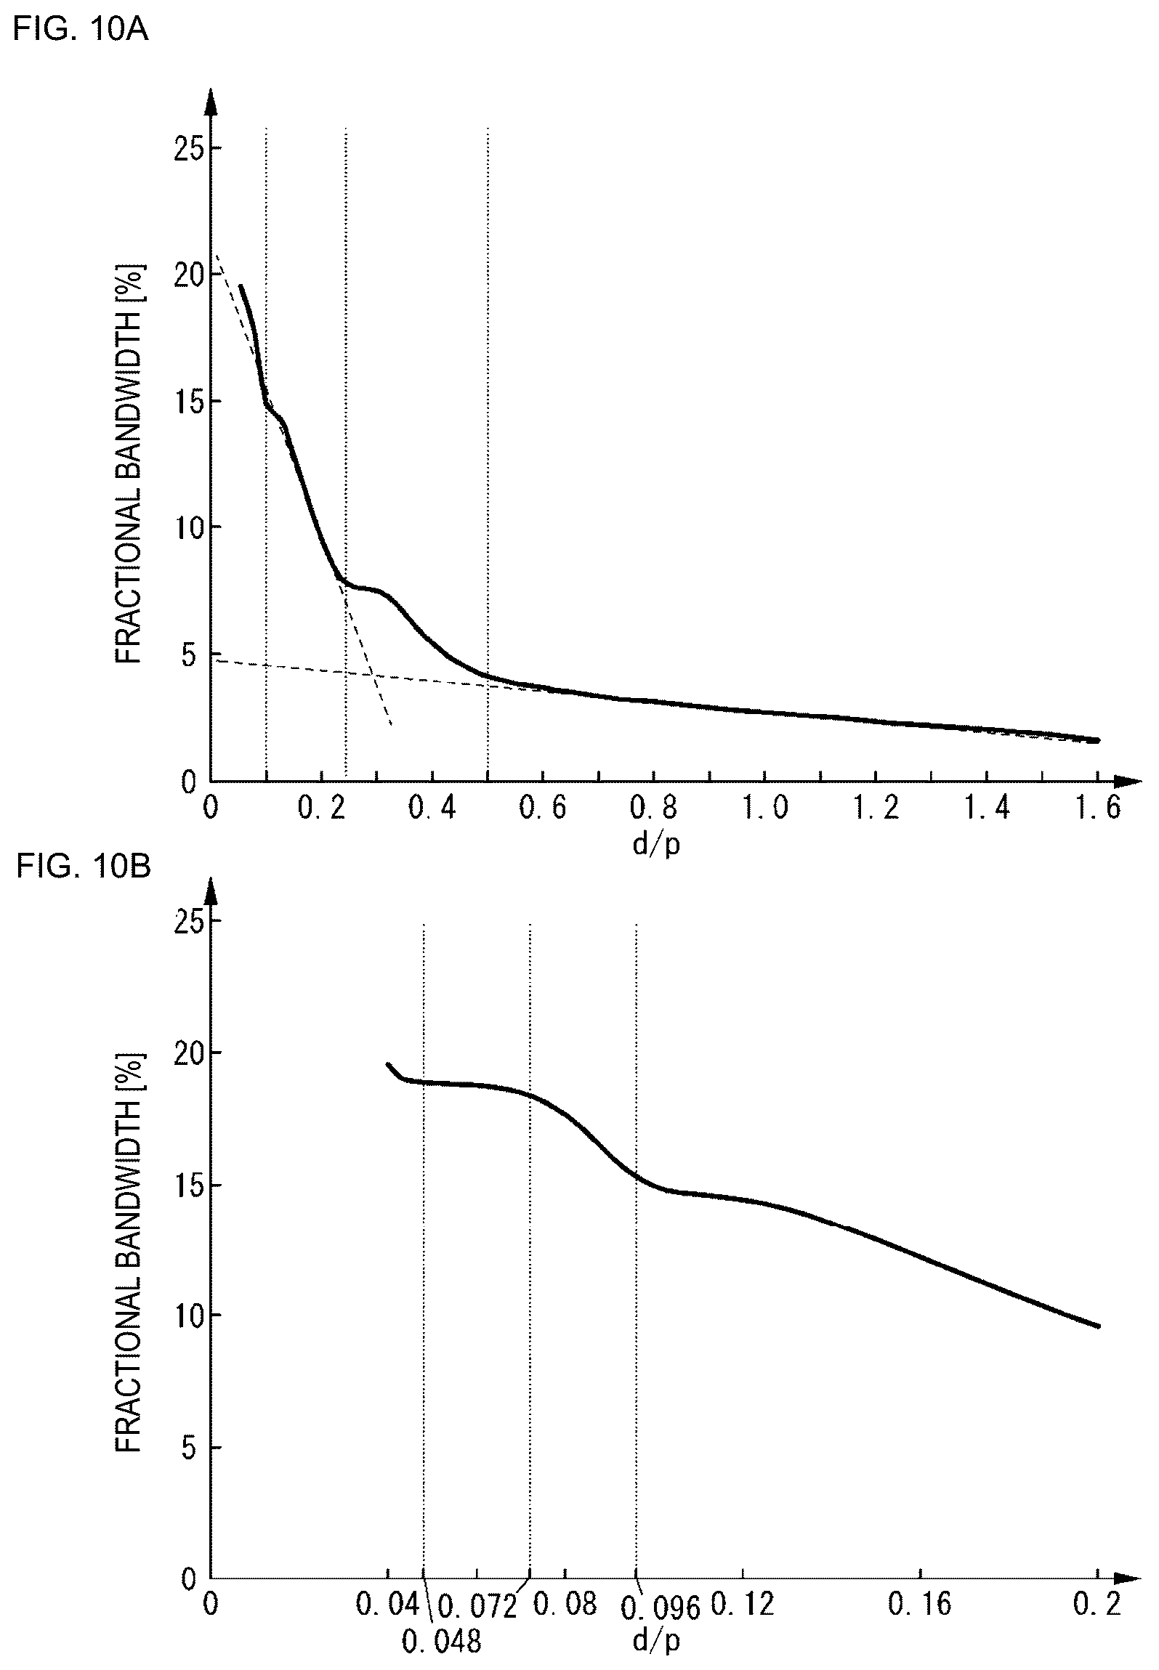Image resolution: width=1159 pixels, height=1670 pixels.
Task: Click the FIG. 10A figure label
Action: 81,31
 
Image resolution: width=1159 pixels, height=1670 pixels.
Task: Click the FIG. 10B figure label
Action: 82,867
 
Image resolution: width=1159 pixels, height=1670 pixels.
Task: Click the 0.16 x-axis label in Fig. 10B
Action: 920,1604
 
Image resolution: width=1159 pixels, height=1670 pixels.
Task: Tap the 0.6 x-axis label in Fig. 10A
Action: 543,808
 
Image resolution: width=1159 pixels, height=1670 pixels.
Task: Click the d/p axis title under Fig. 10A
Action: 656,845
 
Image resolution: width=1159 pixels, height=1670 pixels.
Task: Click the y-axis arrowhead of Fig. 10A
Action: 210,102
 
